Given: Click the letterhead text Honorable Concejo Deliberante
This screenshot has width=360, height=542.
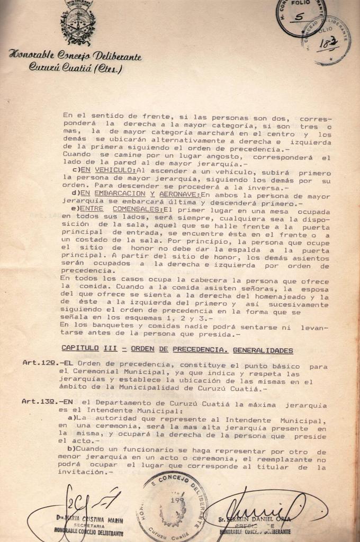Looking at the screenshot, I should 75,56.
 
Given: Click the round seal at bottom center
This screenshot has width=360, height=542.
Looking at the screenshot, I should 173,506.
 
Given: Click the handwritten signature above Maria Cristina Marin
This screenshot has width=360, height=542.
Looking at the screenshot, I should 79,503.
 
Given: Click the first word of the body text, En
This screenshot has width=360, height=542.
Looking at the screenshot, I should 67,114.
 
